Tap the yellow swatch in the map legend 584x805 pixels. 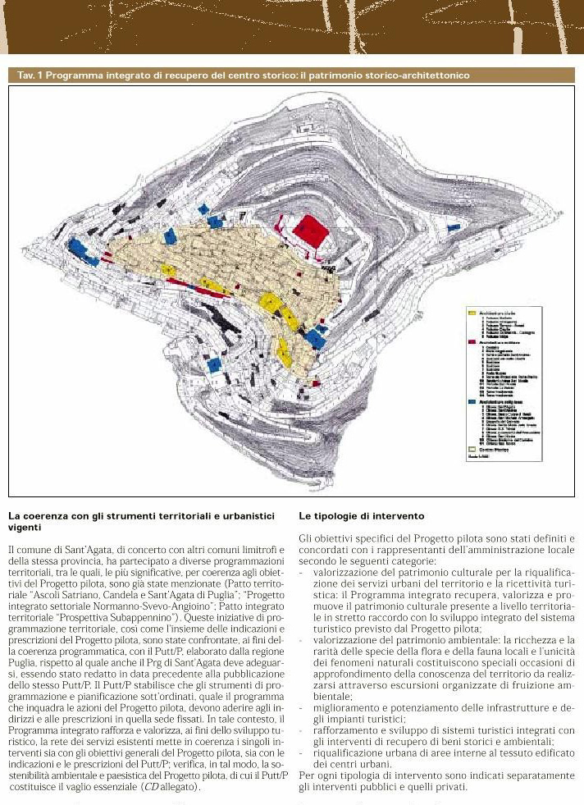472,313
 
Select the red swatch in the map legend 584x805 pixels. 472,341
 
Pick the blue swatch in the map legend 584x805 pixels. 472,400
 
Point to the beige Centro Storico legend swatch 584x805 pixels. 472,450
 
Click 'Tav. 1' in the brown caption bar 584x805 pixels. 29,75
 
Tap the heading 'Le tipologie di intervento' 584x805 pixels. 362,516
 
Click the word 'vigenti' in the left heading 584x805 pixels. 24,528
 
